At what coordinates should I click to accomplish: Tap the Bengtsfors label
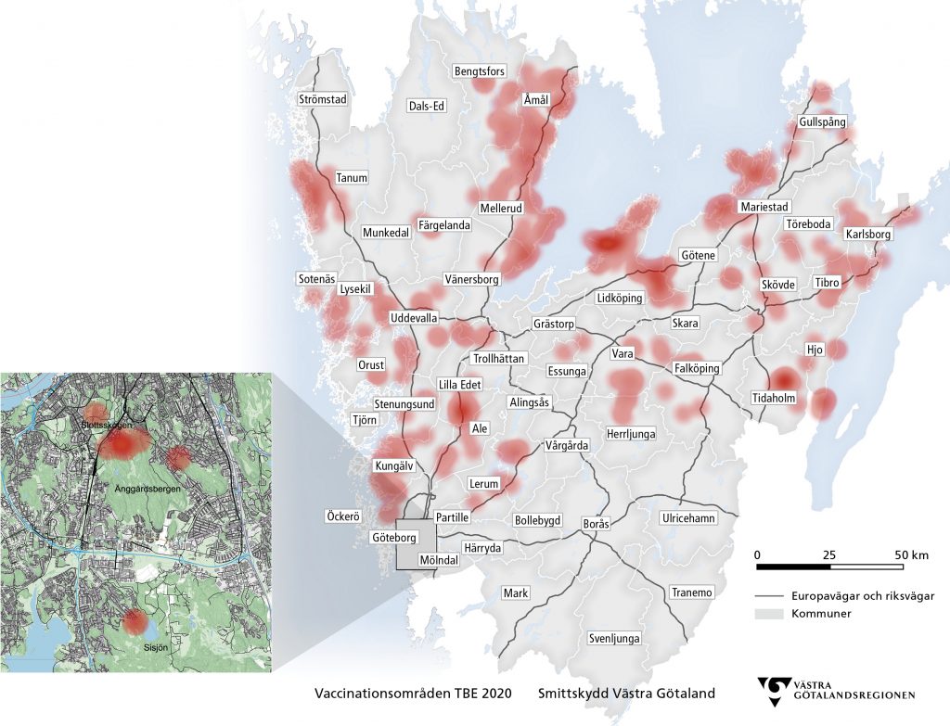click(479, 71)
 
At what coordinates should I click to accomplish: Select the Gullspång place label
click(822, 122)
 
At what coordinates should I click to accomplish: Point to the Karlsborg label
click(867, 235)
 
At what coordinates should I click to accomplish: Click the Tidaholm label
click(774, 398)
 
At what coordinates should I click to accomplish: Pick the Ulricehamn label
click(687, 517)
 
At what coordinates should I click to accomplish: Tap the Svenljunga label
click(614, 639)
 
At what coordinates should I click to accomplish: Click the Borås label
click(596, 524)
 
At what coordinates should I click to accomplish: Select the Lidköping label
click(620, 299)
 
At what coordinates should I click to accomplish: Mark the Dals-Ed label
click(427, 106)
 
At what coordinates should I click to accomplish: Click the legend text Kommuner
click(815, 614)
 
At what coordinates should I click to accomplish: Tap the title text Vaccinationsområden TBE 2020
click(413, 693)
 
